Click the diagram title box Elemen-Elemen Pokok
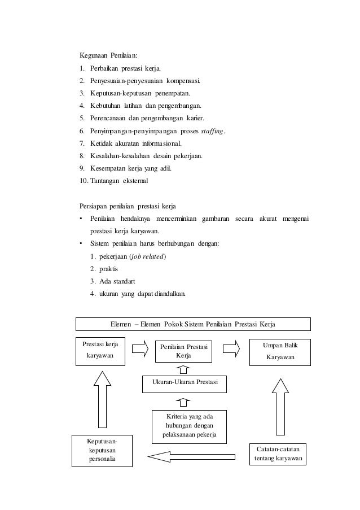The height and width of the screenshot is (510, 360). (x=194, y=324)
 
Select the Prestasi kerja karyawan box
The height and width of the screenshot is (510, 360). (x=100, y=351)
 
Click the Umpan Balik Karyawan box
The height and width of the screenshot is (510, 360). (x=279, y=351)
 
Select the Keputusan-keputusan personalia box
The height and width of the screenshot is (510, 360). (x=102, y=450)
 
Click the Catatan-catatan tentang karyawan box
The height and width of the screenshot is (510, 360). (x=277, y=454)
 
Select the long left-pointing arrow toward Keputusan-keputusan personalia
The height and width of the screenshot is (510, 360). (x=191, y=455)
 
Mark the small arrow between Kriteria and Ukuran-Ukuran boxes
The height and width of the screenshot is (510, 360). (x=183, y=402)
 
